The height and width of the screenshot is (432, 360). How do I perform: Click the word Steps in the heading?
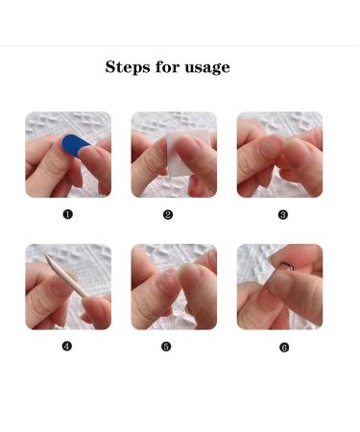pyautogui.click(x=127, y=67)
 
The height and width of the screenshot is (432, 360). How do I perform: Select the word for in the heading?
pyautogui.click(x=165, y=67)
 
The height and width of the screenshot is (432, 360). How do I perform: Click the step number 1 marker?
pyautogui.click(x=67, y=214)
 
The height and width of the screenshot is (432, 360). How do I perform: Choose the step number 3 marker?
pyautogui.click(x=283, y=214)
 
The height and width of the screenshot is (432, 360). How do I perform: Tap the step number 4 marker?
pyautogui.click(x=67, y=346)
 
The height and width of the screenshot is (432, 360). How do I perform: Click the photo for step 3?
pyautogui.click(x=279, y=155)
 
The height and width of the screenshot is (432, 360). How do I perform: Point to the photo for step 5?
pyautogui.click(x=174, y=287)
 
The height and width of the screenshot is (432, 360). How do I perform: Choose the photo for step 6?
pyautogui.click(x=279, y=287)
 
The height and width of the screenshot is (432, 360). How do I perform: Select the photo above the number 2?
pyautogui.click(x=174, y=155)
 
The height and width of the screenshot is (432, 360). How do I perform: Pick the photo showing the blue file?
pyautogui.click(x=68, y=155)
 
